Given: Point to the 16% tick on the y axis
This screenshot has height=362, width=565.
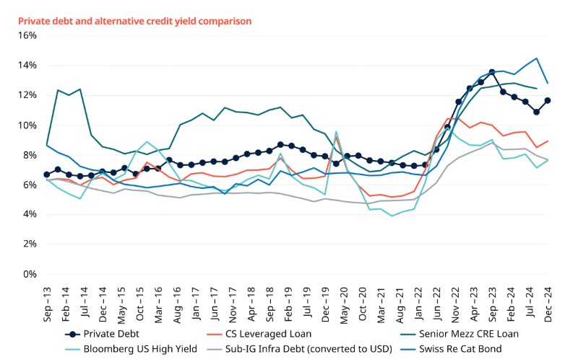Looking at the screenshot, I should click(27, 35).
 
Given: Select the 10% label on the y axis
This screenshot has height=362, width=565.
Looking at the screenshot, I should click(27, 125).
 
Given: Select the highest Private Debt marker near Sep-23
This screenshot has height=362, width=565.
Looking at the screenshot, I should click(492, 72).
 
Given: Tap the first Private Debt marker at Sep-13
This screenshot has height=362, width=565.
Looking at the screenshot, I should click(47, 175).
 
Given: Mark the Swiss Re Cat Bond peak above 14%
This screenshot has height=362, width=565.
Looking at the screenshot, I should click(536, 58).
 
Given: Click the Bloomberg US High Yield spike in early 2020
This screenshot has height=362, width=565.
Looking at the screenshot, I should click(336, 132).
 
